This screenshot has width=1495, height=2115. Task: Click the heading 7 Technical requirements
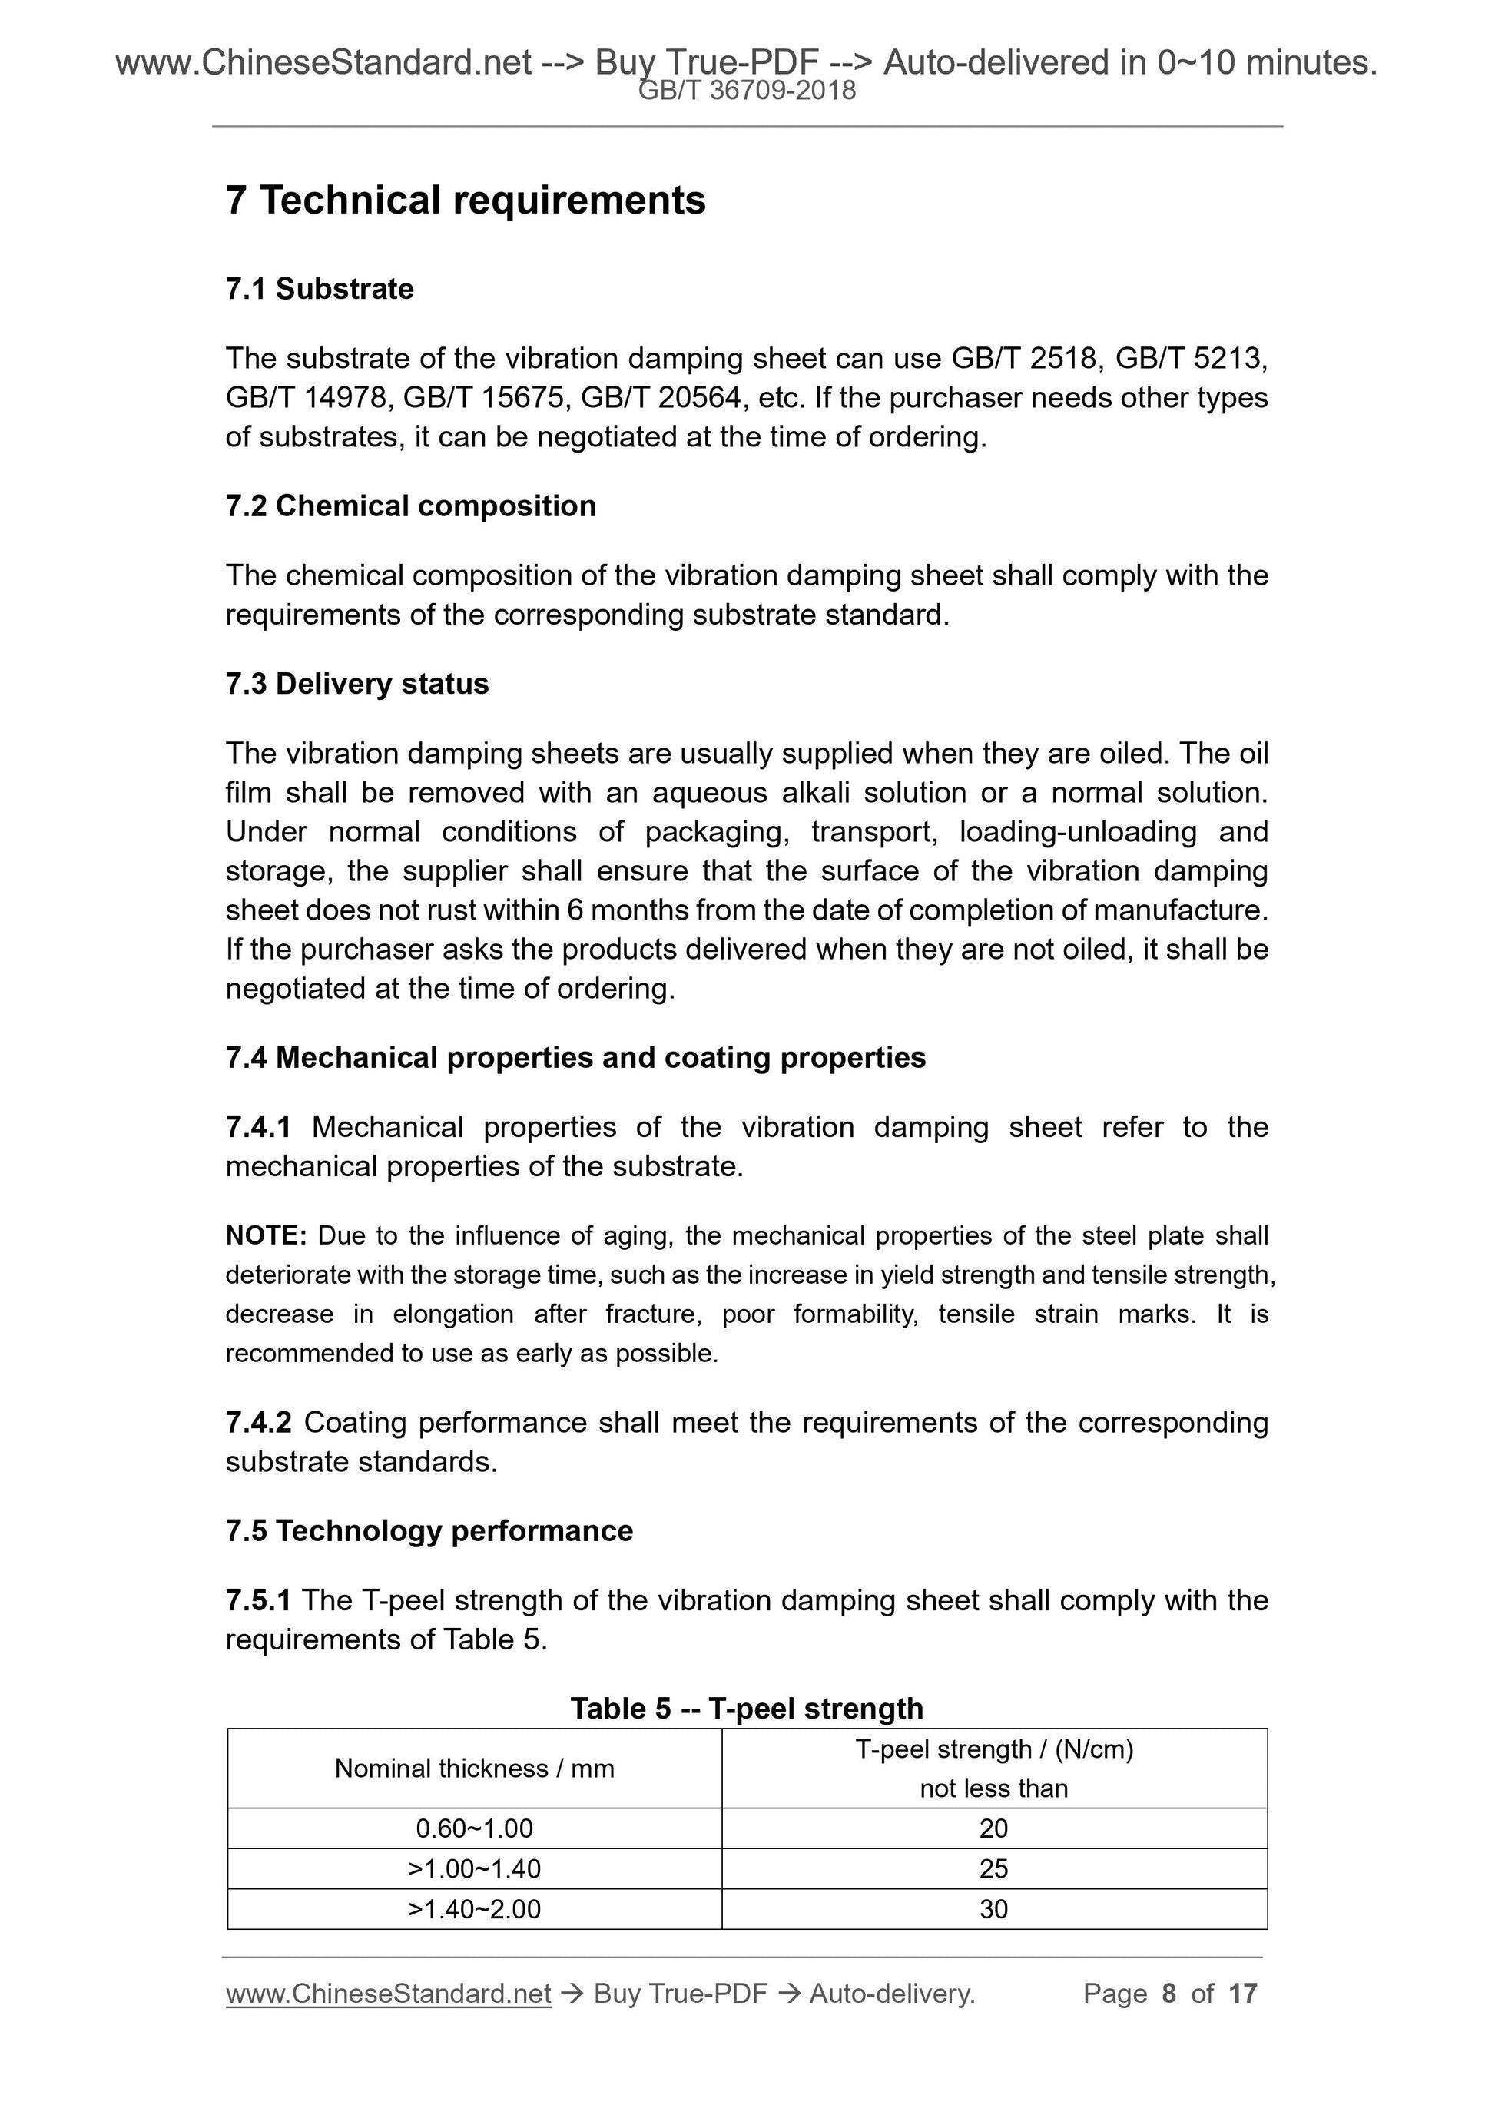[466, 201]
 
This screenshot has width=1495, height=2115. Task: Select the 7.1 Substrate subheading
[320, 289]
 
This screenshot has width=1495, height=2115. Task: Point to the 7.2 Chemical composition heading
[411, 506]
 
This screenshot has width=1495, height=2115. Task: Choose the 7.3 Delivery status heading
[356, 684]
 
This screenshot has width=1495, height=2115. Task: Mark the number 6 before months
[575, 910]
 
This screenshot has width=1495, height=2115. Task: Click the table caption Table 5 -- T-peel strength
[746, 1708]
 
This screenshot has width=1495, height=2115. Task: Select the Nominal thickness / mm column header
[474, 1768]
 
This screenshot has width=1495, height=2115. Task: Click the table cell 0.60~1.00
[474, 1828]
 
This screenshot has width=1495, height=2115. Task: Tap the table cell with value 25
[993, 1868]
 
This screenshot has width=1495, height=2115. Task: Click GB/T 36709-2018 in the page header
[747, 91]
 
